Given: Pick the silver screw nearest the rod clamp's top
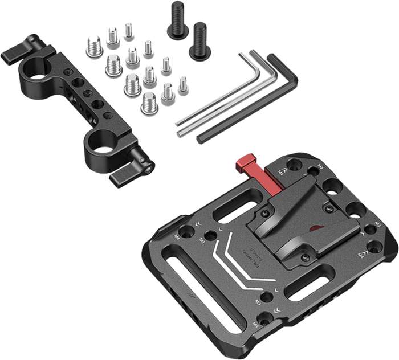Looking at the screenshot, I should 95,47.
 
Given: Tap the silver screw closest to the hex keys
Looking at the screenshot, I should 183,85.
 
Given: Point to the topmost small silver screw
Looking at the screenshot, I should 129,31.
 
